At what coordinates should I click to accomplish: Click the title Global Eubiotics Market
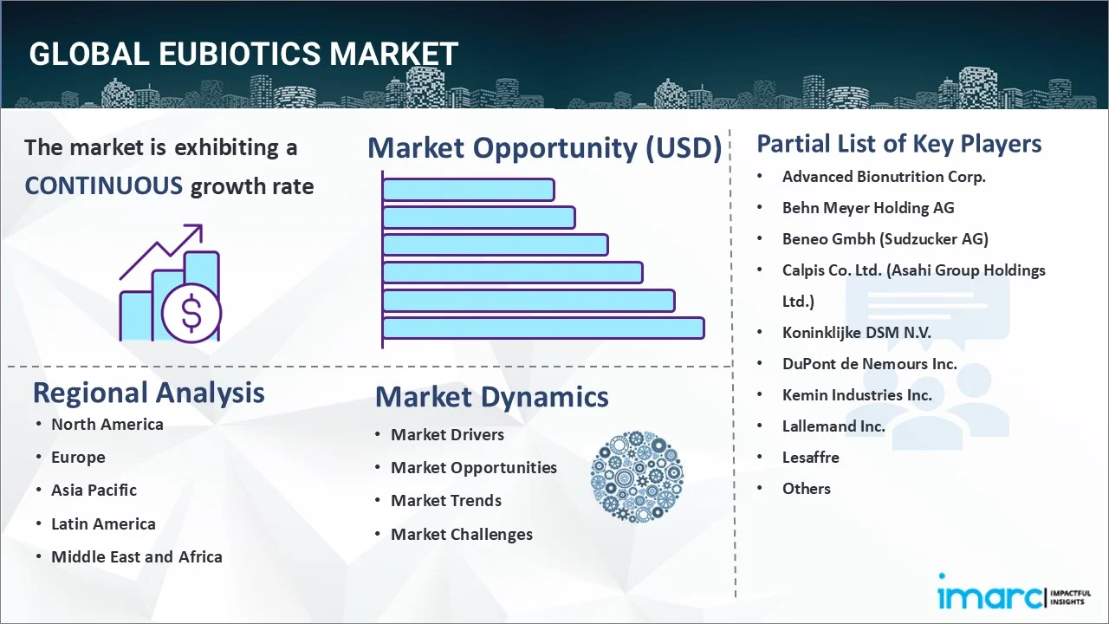(243, 54)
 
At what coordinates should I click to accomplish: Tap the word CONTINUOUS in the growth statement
(103, 185)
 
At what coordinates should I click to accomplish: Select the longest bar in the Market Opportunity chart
(542, 328)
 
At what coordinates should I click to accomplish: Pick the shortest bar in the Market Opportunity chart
(468, 189)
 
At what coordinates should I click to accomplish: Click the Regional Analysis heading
(148, 393)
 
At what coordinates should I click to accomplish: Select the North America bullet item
(107, 424)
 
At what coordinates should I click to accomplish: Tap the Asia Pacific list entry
(94, 490)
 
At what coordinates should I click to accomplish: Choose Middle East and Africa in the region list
(136, 556)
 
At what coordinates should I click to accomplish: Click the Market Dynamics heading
(491, 397)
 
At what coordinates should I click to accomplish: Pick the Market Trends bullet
(445, 500)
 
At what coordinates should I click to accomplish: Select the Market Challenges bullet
(461, 534)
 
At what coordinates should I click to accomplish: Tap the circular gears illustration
(637, 477)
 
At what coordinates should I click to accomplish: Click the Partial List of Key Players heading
(898, 143)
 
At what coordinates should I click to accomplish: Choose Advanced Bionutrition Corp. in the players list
(883, 176)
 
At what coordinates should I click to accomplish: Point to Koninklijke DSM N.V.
(856, 332)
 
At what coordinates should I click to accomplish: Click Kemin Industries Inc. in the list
(857, 394)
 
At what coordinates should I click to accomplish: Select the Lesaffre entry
(810, 457)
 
